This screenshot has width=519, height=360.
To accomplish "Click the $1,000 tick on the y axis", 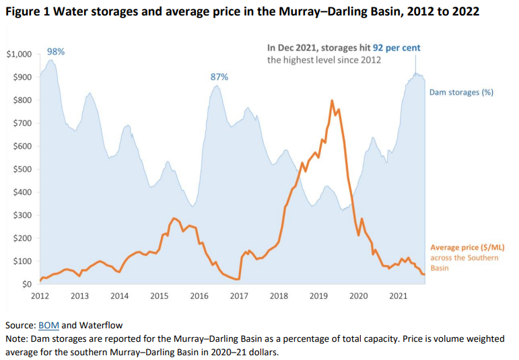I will [18, 54].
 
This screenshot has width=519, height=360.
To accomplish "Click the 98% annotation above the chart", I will [55, 52].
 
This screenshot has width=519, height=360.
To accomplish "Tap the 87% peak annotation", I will [219, 77].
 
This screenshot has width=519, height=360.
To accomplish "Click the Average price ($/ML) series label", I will [467, 248].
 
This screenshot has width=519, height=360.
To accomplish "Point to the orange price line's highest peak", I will [332, 101].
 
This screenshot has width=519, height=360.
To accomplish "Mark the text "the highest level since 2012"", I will [324, 60].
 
